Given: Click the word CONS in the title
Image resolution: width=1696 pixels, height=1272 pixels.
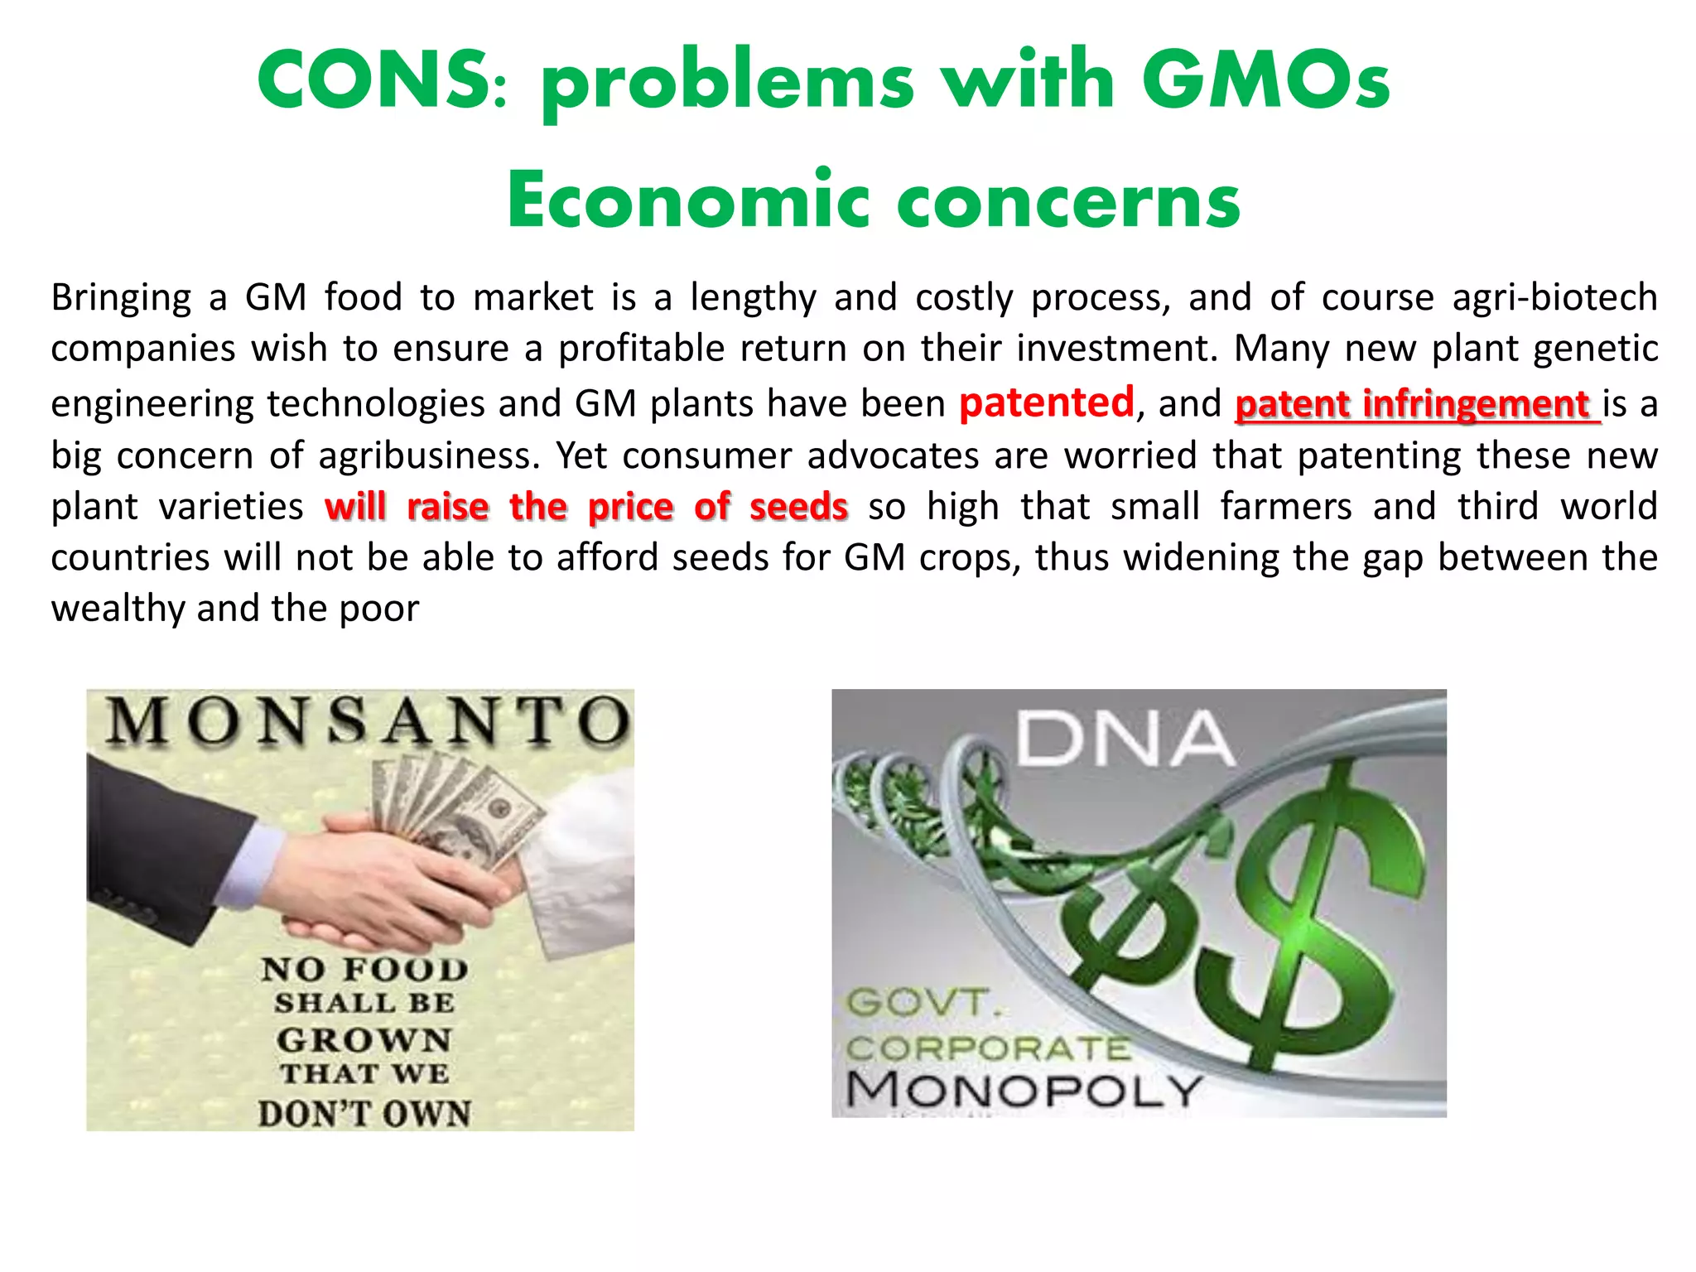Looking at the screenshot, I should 373,79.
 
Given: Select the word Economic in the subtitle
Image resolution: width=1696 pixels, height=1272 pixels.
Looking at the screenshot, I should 687,201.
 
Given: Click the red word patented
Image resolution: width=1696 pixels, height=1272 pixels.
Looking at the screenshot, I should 1046,403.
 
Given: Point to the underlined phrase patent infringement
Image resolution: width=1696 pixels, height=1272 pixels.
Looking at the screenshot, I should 1416,404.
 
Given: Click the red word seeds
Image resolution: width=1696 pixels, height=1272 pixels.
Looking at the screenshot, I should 798,507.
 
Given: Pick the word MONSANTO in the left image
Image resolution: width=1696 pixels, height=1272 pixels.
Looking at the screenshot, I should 368,720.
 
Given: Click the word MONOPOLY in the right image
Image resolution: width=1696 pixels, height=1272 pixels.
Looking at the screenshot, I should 1024,1089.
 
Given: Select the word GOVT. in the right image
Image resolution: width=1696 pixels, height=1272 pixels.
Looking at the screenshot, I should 923,1003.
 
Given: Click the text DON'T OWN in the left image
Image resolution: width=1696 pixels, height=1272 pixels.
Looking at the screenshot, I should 364,1113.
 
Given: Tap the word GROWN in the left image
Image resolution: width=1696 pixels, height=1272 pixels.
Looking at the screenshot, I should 364,1040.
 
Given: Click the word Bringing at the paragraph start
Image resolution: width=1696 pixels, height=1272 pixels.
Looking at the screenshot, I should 121,297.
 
